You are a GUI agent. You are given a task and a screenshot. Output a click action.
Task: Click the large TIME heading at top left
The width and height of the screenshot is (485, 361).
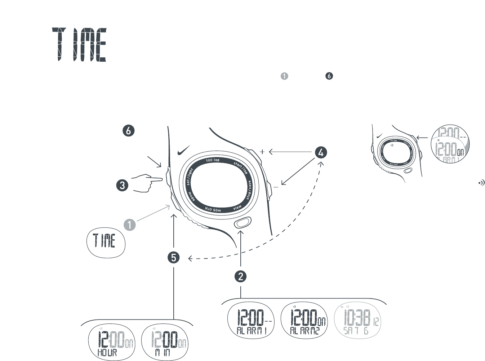[x=79, y=44]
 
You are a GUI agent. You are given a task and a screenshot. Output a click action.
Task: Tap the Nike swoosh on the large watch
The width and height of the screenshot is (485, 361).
[x=184, y=150]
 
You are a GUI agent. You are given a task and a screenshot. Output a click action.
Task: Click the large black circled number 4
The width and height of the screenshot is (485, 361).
[x=321, y=152]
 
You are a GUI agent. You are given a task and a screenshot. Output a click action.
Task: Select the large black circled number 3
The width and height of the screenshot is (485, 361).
[x=123, y=186]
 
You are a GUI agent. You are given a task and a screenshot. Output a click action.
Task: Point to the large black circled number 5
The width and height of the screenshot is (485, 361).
[x=174, y=258]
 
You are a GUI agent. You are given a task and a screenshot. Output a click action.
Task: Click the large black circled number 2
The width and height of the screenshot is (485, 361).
[x=240, y=277]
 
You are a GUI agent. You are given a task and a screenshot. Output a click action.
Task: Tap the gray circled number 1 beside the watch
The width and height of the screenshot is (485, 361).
[x=129, y=225]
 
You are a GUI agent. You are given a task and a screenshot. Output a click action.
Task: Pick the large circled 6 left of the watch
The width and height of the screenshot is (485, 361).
[x=128, y=130]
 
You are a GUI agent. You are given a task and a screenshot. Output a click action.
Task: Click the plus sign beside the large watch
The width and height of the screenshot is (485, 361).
[x=262, y=152]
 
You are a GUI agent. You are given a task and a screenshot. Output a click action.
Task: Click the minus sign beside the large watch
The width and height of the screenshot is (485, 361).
[x=276, y=187]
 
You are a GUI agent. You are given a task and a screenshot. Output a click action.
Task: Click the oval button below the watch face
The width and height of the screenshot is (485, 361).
[x=243, y=222]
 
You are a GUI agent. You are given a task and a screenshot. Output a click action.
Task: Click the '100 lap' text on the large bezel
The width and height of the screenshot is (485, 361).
[x=213, y=160]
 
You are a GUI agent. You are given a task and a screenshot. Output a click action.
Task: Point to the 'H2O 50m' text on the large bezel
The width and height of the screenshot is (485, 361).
[x=213, y=209]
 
